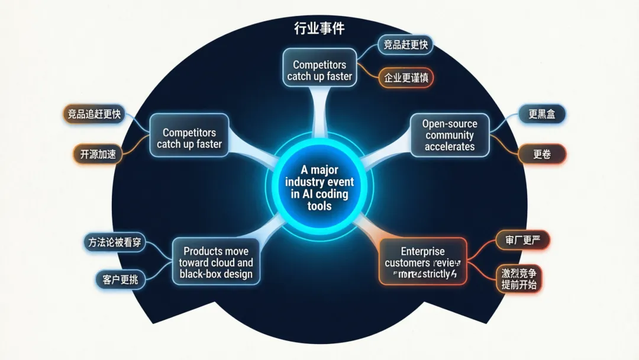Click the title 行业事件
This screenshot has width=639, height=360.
click(x=319, y=28)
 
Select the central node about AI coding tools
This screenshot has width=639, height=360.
click(x=319, y=188)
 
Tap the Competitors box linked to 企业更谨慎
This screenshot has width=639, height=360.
click(x=319, y=70)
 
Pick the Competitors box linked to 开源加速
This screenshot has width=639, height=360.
click(x=189, y=139)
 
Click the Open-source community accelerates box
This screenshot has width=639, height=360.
click(x=450, y=135)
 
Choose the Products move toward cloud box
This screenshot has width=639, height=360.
click(x=216, y=262)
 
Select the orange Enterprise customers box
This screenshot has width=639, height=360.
click(x=422, y=262)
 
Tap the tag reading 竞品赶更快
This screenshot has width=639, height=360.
click(x=406, y=45)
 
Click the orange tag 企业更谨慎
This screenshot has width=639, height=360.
click(x=406, y=78)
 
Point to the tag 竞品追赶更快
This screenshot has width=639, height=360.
click(x=94, y=114)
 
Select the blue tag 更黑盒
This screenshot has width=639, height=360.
click(x=542, y=115)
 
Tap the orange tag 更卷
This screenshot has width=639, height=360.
click(x=542, y=155)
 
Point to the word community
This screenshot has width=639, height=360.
click(x=450, y=135)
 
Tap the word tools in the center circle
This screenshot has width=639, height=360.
click(x=319, y=206)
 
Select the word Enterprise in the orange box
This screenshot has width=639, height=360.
click(x=422, y=251)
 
